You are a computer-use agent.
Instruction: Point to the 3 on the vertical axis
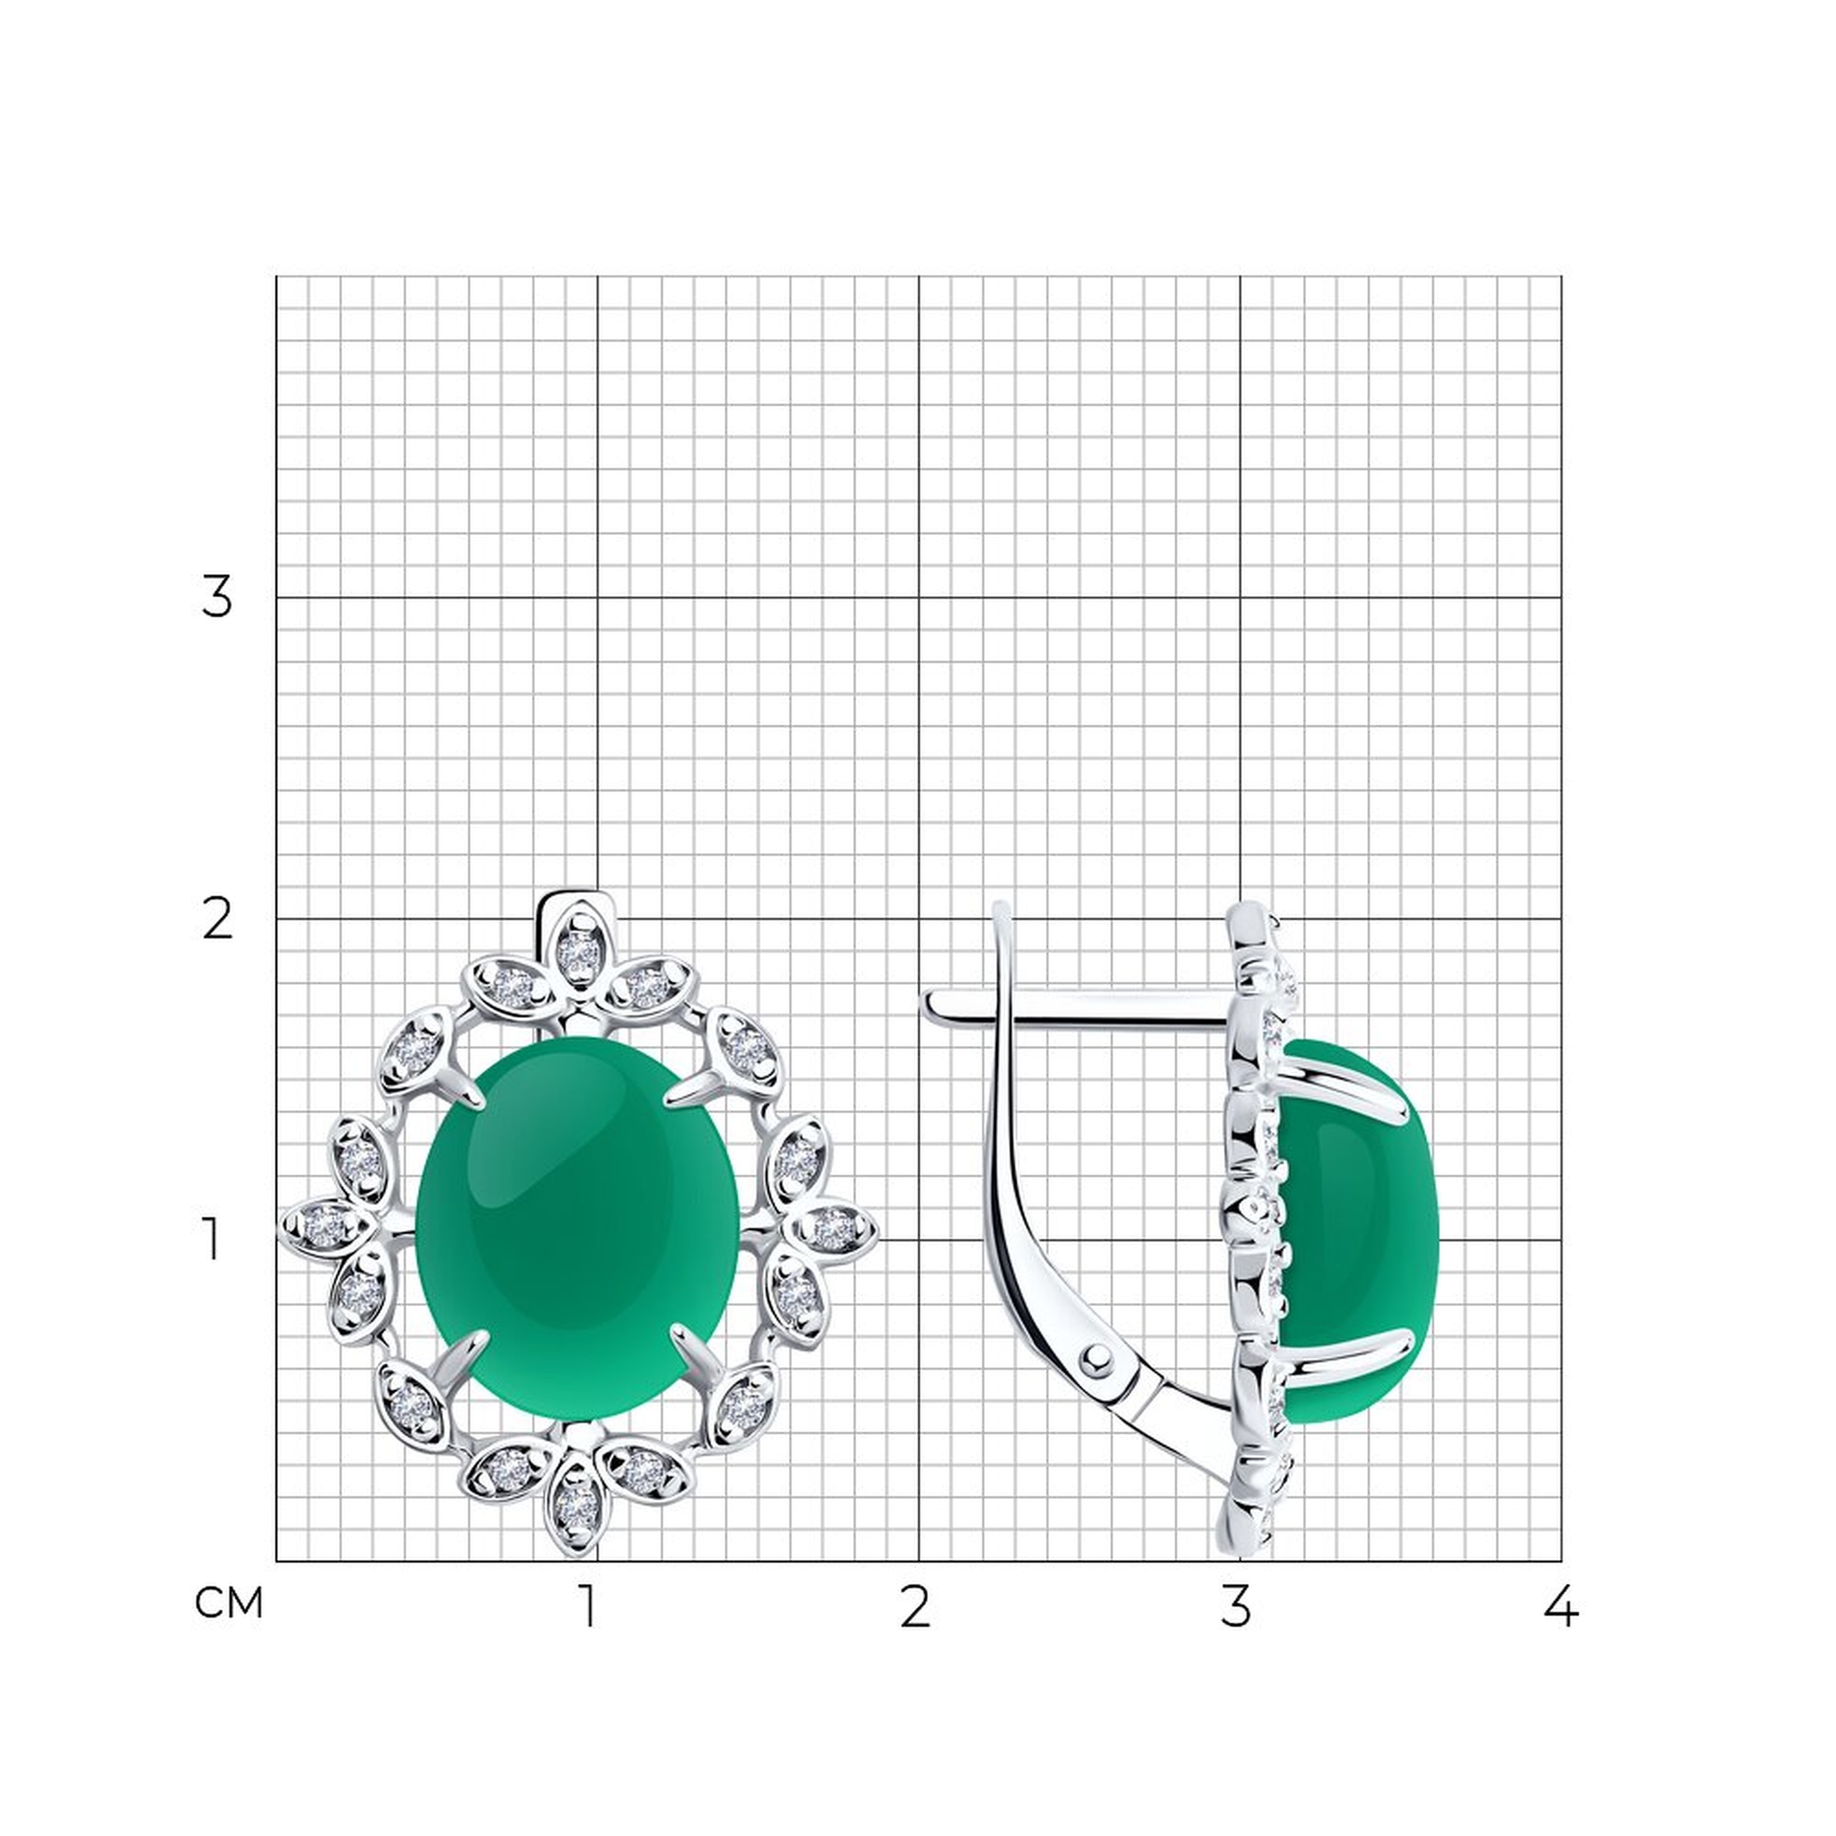pos(217,598)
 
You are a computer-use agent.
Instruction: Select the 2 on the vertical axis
pos(218,920)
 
